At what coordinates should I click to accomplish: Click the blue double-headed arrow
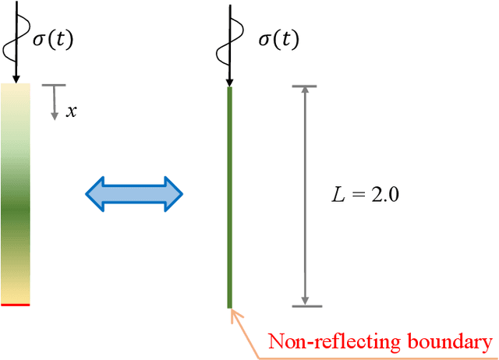tap(133, 192)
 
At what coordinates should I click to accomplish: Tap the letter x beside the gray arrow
tap(71, 111)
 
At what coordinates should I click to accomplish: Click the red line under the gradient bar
tap(16, 305)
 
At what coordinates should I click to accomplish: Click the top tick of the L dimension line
tap(305, 86)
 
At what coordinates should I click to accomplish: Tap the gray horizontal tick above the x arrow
tap(55, 85)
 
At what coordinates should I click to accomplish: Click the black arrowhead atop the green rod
tap(230, 81)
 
